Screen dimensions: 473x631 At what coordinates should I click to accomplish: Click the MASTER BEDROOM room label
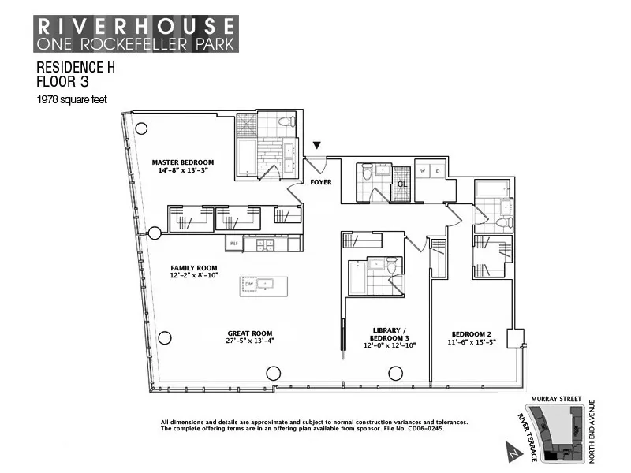[182, 162]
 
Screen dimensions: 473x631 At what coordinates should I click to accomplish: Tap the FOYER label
[321, 182]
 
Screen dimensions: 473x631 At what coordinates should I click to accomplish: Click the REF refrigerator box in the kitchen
[233, 244]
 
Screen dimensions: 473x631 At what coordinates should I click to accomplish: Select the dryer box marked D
[438, 171]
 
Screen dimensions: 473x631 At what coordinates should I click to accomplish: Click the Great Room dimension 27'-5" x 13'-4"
[250, 341]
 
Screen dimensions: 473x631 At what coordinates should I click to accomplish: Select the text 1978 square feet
[72, 99]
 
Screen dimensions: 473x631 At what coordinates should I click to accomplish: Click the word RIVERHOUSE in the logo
[133, 26]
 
